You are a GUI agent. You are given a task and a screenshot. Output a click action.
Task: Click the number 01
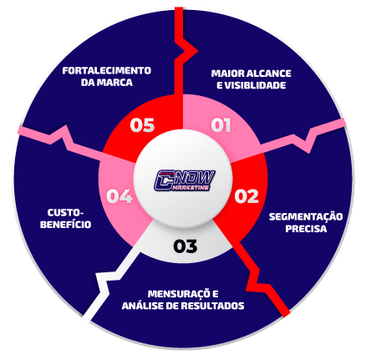point(221,125)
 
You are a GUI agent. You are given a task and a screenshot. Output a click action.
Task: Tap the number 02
point(247,196)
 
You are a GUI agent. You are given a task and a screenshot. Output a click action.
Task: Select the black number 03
point(186,246)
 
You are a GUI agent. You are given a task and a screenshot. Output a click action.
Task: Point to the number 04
point(119,196)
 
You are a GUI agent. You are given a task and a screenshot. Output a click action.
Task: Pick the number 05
point(142,125)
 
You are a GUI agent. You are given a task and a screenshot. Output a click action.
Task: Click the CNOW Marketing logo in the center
point(185,180)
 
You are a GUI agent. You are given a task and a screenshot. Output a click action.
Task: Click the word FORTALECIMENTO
point(107,71)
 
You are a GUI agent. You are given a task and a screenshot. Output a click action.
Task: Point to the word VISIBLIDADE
point(255,85)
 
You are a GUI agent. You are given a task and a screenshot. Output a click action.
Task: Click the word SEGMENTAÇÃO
point(306,217)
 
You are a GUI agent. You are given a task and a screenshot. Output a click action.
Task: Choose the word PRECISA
point(306,229)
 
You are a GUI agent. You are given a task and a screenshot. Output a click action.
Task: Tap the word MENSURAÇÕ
point(180,294)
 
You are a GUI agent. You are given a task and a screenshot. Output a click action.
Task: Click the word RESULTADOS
point(212,306)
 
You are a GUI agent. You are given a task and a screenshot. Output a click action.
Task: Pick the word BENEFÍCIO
point(66,225)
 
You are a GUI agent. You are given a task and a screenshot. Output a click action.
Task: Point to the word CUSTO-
point(65,213)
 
